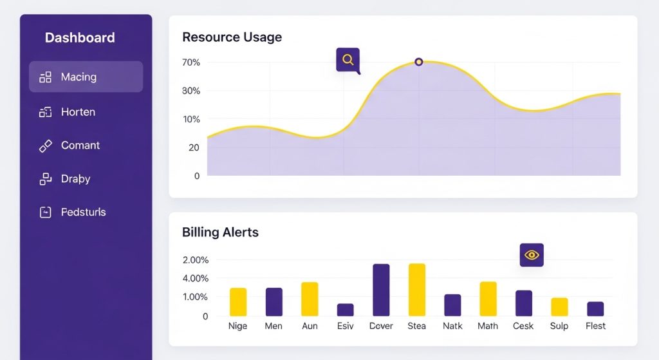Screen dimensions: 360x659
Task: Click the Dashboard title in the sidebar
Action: click(80, 38)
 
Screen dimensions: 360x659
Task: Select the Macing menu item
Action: click(79, 77)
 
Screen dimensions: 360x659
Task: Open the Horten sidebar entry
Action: click(78, 112)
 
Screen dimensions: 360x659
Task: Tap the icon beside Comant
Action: click(45, 146)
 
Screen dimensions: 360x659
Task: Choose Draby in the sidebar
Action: click(75, 179)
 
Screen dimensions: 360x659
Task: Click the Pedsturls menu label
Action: click(83, 213)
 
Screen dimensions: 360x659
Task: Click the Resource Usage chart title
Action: click(232, 37)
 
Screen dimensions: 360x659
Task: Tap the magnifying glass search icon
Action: click(348, 60)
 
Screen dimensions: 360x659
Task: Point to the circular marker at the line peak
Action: click(419, 62)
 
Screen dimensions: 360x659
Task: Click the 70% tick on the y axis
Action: click(191, 62)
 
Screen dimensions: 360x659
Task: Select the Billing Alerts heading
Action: click(220, 232)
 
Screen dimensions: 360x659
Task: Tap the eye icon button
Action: click(532, 255)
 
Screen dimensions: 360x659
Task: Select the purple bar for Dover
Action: click(381, 290)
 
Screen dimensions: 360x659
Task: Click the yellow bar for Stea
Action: click(417, 290)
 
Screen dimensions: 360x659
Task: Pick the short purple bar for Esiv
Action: click(346, 310)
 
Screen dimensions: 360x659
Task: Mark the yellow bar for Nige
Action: click(238, 302)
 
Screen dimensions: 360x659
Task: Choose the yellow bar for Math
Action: click(488, 299)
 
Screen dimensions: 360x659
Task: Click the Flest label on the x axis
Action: click(595, 326)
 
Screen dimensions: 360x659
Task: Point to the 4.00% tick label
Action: click(196, 279)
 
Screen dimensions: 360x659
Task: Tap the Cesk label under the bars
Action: click(523, 326)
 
